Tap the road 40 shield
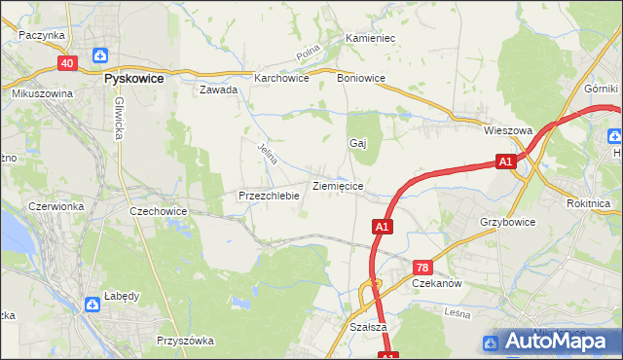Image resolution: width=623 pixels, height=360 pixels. (67, 63)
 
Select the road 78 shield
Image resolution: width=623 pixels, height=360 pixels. (421, 267)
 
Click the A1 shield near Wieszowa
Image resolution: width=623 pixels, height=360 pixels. (504, 162)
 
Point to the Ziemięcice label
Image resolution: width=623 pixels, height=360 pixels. (338, 185)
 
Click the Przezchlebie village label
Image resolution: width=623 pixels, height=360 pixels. (268, 196)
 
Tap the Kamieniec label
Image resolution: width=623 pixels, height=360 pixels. (370, 38)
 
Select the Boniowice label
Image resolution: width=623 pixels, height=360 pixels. (362, 78)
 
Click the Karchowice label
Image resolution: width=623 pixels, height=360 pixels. (281, 78)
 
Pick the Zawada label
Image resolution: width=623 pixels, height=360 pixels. (219, 90)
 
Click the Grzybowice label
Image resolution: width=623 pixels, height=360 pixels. (508, 222)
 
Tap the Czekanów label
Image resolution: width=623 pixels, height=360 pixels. (436, 283)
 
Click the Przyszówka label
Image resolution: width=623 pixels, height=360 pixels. (185, 341)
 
